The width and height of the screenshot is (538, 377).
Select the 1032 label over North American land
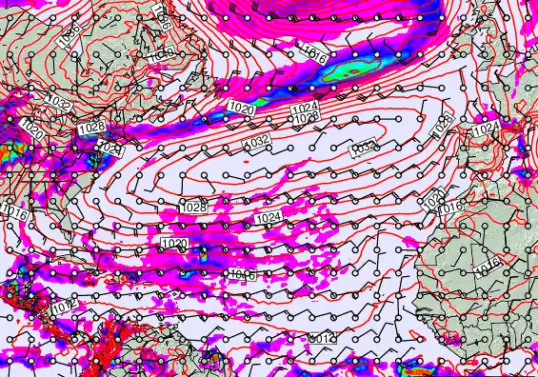(x=58, y=103)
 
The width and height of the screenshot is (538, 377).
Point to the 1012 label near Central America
(x=64, y=308)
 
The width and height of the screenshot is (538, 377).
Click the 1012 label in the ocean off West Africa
(x=323, y=338)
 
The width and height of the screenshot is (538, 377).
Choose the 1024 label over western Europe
(x=486, y=127)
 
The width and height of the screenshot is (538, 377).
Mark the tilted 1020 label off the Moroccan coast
(x=434, y=199)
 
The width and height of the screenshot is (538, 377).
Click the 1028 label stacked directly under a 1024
(x=305, y=119)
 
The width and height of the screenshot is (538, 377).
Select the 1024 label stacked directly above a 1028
(x=305, y=108)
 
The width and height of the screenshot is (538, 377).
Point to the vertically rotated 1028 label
(x=443, y=123)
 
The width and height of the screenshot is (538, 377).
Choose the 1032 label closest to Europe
(x=362, y=148)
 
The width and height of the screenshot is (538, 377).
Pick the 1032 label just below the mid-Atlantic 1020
(x=255, y=142)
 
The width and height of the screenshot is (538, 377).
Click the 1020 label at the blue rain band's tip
(x=242, y=109)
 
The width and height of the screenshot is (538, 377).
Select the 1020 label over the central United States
(x=31, y=127)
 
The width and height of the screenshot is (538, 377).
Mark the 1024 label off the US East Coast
(x=110, y=149)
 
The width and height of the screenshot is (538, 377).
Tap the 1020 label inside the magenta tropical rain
(x=175, y=245)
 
